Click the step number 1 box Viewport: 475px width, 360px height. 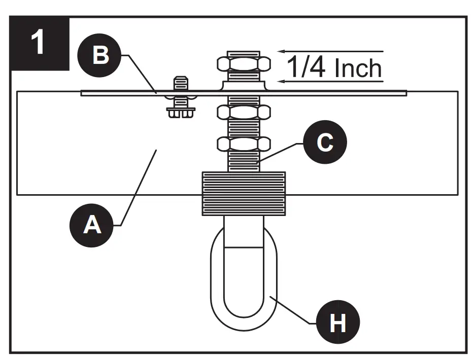40,44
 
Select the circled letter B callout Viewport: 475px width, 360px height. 100,56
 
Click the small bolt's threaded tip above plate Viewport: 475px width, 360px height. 181,83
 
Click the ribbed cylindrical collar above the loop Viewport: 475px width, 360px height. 244,193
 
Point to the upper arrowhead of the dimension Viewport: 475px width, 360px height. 280,51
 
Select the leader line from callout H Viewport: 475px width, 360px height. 294,309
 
